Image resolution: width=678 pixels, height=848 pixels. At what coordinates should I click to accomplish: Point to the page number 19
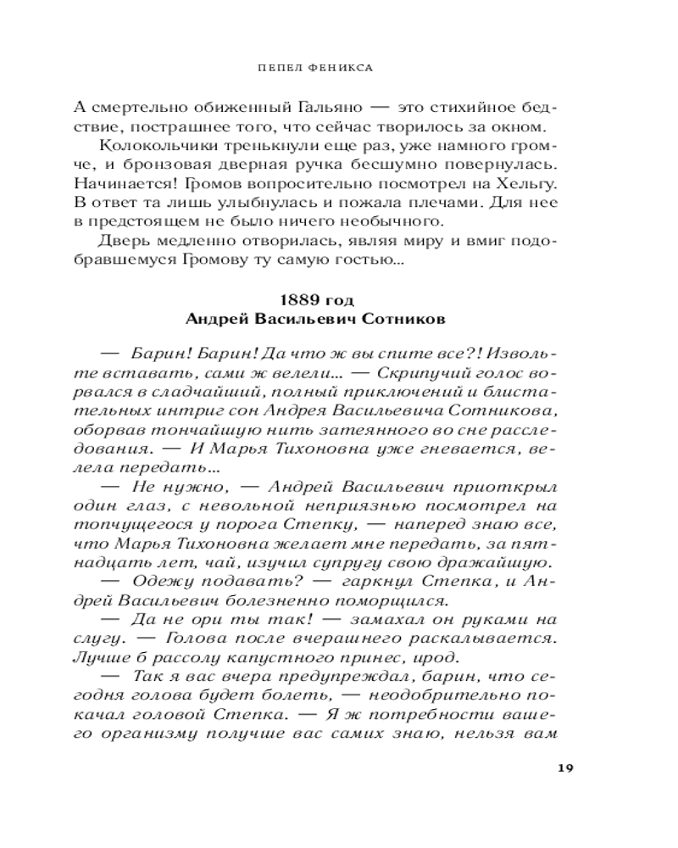(567, 768)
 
